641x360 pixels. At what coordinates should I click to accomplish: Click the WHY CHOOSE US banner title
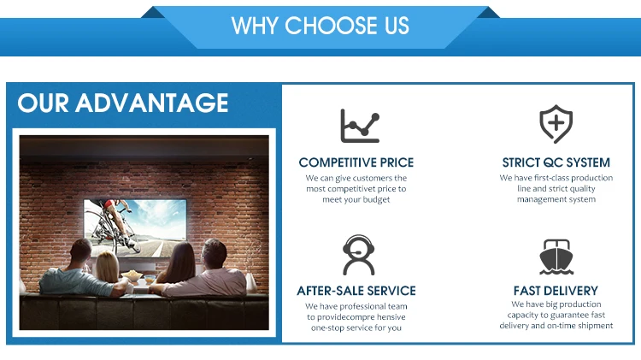pyautogui.click(x=320, y=26)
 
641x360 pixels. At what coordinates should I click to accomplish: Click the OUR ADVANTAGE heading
pyautogui.click(x=122, y=103)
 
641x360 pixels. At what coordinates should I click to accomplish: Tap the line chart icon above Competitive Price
pyautogui.click(x=360, y=126)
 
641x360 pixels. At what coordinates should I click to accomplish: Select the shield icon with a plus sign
pyautogui.click(x=556, y=124)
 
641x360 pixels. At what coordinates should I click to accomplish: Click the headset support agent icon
pyautogui.click(x=358, y=255)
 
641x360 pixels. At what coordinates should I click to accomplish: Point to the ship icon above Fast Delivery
pyautogui.click(x=556, y=257)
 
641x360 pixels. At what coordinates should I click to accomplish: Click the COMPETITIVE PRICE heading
pyautogui.click(x=356, y=162)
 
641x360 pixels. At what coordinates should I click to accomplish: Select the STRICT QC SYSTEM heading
pyautogui.click(x=556, y=162)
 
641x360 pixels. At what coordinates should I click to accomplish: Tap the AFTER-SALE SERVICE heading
pyautogui.click(x=356, y=291)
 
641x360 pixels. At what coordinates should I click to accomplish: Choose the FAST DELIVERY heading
pyautogui.click(x=556, y=291)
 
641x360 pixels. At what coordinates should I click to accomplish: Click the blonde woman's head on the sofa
pyautogui.click(x=107, y=266)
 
